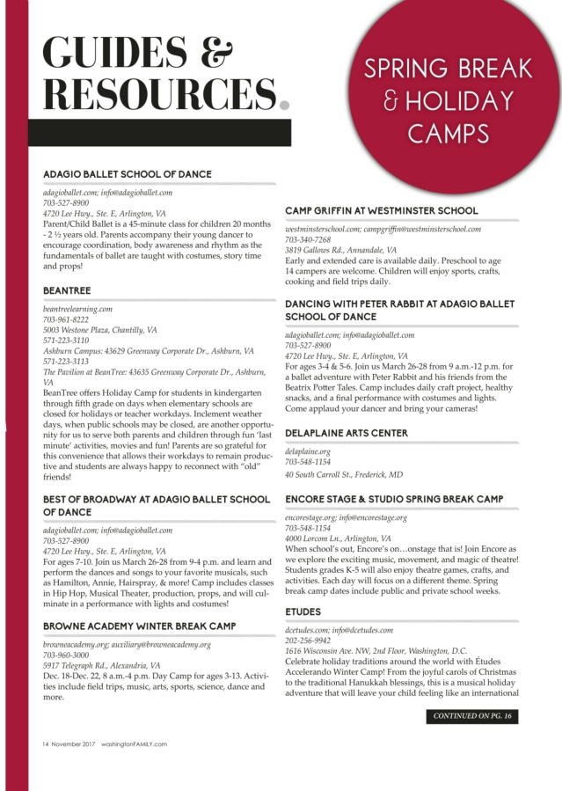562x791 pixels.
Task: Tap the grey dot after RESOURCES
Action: point(284,105)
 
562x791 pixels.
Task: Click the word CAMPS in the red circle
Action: point(448,133)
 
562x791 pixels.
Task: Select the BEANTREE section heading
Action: point(67,290)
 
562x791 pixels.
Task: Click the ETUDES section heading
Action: point(303,612)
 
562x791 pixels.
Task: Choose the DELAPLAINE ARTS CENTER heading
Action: point(347,434)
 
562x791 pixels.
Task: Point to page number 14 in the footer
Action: point(46,743)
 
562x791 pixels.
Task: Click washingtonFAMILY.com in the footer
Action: point(133,743)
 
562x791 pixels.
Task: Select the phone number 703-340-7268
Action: point(308,239)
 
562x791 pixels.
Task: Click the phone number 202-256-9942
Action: point(308,641)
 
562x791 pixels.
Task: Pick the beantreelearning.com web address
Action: point(78,309)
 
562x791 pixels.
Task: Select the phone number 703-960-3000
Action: point(66,655)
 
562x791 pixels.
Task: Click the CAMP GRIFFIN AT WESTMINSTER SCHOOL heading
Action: point(382,211)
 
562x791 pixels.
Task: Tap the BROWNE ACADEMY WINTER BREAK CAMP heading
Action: point(140,626)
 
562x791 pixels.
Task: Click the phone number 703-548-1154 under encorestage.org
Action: point(308,528)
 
